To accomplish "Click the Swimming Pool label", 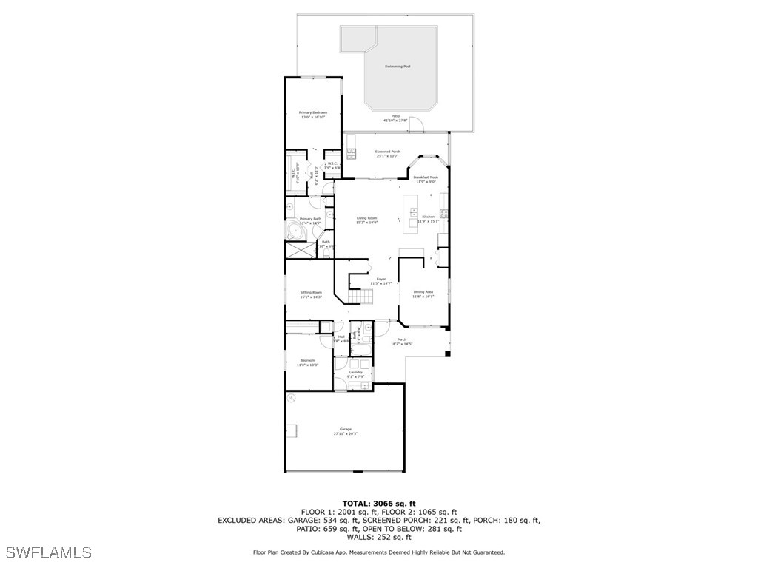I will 398,67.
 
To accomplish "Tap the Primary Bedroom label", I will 313,112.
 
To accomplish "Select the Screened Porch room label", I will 387,152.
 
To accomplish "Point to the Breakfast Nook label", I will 426,177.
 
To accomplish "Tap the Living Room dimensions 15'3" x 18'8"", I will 366,222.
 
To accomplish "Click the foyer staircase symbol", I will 363,297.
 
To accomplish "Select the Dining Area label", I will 423,291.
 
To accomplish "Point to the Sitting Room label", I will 311,292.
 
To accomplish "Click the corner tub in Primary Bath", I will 297,231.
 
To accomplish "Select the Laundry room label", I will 355,372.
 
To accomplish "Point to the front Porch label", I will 401,339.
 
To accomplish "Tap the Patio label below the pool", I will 395,116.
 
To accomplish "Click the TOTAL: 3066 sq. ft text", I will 378,503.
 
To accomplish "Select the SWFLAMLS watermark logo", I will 49,552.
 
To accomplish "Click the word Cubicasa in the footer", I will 329,552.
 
